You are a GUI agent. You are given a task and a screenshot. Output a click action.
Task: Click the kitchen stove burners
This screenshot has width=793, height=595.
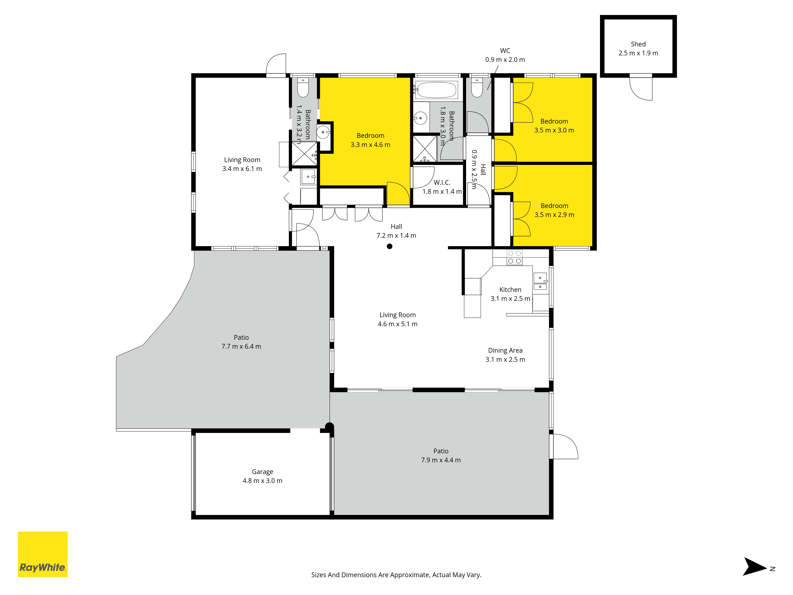pyautogui.click(x=514, y=257)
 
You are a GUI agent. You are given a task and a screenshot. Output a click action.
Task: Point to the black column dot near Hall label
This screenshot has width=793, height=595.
pyautogui.click(x=390, y=246)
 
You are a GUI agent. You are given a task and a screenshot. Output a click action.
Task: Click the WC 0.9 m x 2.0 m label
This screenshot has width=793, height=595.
pyautogui.click(x=505, y=55)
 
